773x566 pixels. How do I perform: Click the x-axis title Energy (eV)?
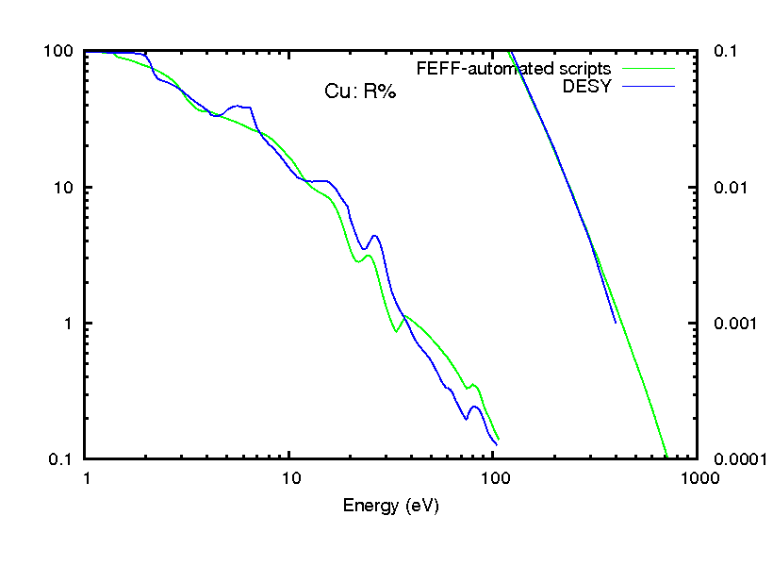(390, 505)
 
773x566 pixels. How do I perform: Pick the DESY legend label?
(586, 86)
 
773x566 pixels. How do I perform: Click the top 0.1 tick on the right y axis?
(724, 51)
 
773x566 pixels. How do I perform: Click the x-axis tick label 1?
(87, 477)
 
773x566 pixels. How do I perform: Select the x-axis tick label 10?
(290, 477)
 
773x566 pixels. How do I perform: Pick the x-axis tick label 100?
(494, 477)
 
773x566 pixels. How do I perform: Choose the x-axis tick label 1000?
(698, 477)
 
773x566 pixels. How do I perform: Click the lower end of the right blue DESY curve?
(616, 323)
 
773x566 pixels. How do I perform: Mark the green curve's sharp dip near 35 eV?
(396, 331)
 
